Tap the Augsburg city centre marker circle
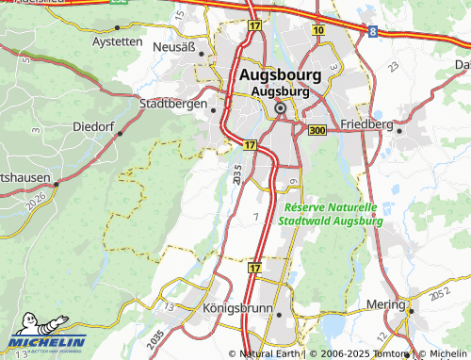(x=280, y=109)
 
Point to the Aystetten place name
(x=118, y=42)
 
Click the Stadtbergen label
(x=172, y=104)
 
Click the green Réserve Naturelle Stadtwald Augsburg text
(x=330, y=214)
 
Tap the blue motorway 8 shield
(x=374, y=31)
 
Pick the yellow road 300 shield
(x=317, y=129)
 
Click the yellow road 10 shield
(x=318, y=31)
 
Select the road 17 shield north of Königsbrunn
(x=254, y=269)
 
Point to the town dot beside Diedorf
(x=119, y=134)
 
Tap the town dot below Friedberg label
(x=399, y=132)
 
